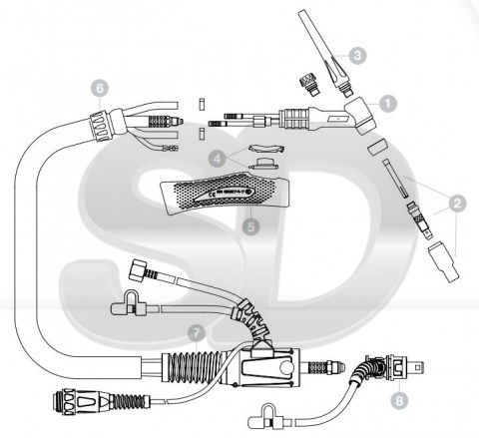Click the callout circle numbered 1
coord(388,104)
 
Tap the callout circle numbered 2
coord(457,204)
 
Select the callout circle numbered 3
coord(357,55)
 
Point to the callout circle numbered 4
coord(218,159)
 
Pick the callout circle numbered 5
coord(250,226)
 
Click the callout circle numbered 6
coord(100,89)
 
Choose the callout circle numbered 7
coord(197,332)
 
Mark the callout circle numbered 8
coord(399,400)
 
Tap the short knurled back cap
coord(309,85)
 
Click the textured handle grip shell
coord(225,194)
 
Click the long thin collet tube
coord(395,179)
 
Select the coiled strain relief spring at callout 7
coord(192,367)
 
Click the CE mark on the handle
coord(211,195)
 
